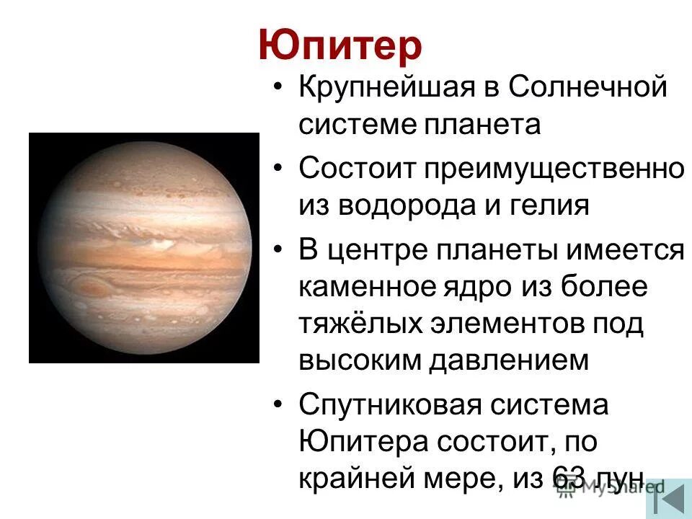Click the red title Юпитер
point(340,46)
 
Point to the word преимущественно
point(554,170)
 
